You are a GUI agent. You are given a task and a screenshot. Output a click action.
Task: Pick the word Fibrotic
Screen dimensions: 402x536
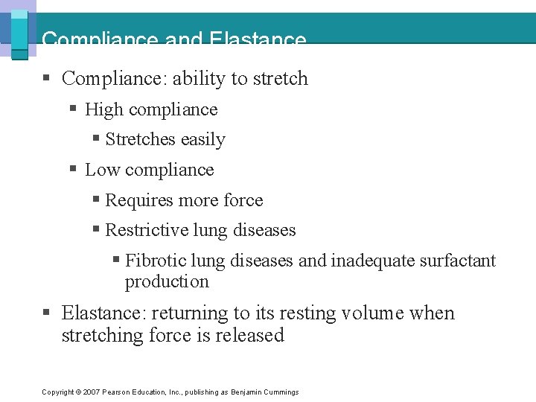[x=156, y=261]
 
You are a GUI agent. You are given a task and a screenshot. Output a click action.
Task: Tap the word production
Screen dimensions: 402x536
[x=167, y=281]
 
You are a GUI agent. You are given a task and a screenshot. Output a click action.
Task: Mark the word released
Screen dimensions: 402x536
[x=249, y=336]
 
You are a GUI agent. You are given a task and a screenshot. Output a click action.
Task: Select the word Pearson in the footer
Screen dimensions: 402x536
[x=115, y=392]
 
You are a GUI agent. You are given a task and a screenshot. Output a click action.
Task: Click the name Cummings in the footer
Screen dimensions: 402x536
[x=281, y=392]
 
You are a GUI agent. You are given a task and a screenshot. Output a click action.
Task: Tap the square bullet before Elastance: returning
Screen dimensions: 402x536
[x=47, y=313]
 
